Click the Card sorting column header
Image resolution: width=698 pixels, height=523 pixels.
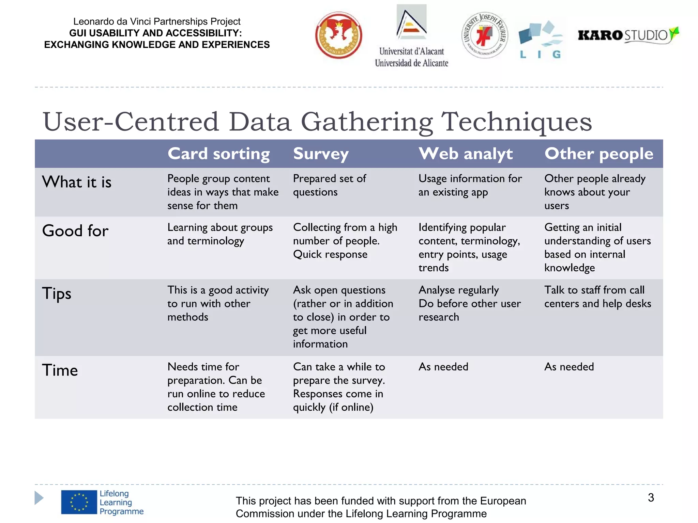218,154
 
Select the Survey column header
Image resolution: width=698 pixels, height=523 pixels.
321,154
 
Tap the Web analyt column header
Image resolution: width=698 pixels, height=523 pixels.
466,154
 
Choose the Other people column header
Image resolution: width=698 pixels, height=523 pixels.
599,154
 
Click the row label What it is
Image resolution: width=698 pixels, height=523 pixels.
77,182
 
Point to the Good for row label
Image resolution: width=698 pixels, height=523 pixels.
75,231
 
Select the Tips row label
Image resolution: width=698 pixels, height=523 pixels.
57,294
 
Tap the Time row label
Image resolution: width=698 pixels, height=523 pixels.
60,370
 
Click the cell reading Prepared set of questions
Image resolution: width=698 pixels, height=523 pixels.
329,185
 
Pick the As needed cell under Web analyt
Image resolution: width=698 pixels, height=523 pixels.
443,367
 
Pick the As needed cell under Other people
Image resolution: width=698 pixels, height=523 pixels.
569,367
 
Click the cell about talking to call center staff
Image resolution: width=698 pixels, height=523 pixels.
597,297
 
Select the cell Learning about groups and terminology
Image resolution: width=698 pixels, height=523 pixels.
220,234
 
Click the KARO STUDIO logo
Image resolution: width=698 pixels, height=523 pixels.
628,35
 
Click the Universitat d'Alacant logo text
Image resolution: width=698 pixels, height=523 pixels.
411,57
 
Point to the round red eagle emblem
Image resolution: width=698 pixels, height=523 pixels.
338,35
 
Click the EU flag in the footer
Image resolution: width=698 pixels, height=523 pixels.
79,502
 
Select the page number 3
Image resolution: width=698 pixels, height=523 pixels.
651,497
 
